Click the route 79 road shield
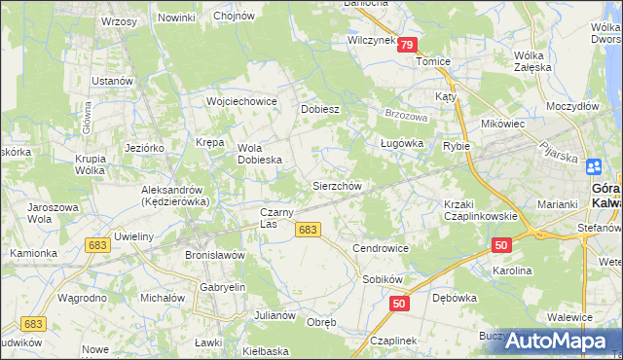pos(407,45)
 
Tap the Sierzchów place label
pos(337,186)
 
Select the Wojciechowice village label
pos(242,101)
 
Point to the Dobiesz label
pos(319,109)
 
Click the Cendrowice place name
pos(381,248)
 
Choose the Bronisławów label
pos(214,254)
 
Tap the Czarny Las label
pos(275,218)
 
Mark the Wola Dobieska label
pos(260,154)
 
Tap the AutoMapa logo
pos(556,340)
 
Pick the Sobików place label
pos(382,278)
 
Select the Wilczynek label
pos(371,41)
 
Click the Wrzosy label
pos(118,21)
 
